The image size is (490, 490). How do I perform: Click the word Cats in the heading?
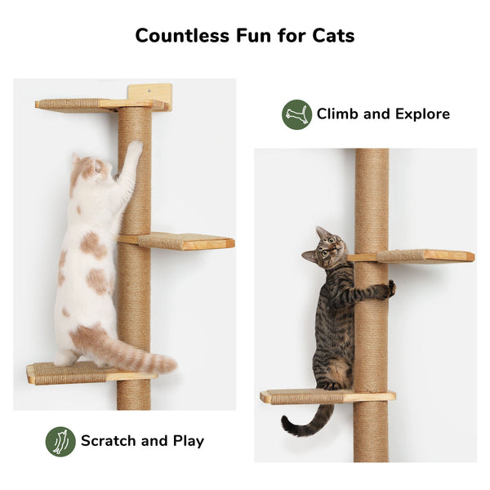(x=332, y=36)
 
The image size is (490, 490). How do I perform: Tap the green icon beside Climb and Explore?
(x=296, y=114)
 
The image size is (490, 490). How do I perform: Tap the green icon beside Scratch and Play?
(x=60, y=441)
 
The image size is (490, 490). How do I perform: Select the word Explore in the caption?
(x=420, y=114)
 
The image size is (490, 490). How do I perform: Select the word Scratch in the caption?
(x=108, y=441)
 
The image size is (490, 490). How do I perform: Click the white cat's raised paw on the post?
(x=134, y=149)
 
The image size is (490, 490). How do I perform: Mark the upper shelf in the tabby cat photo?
(x=425, y=256)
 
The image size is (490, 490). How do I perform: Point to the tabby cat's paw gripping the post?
(x=390, y=287)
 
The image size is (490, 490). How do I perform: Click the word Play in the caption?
(x=188, y=441)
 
